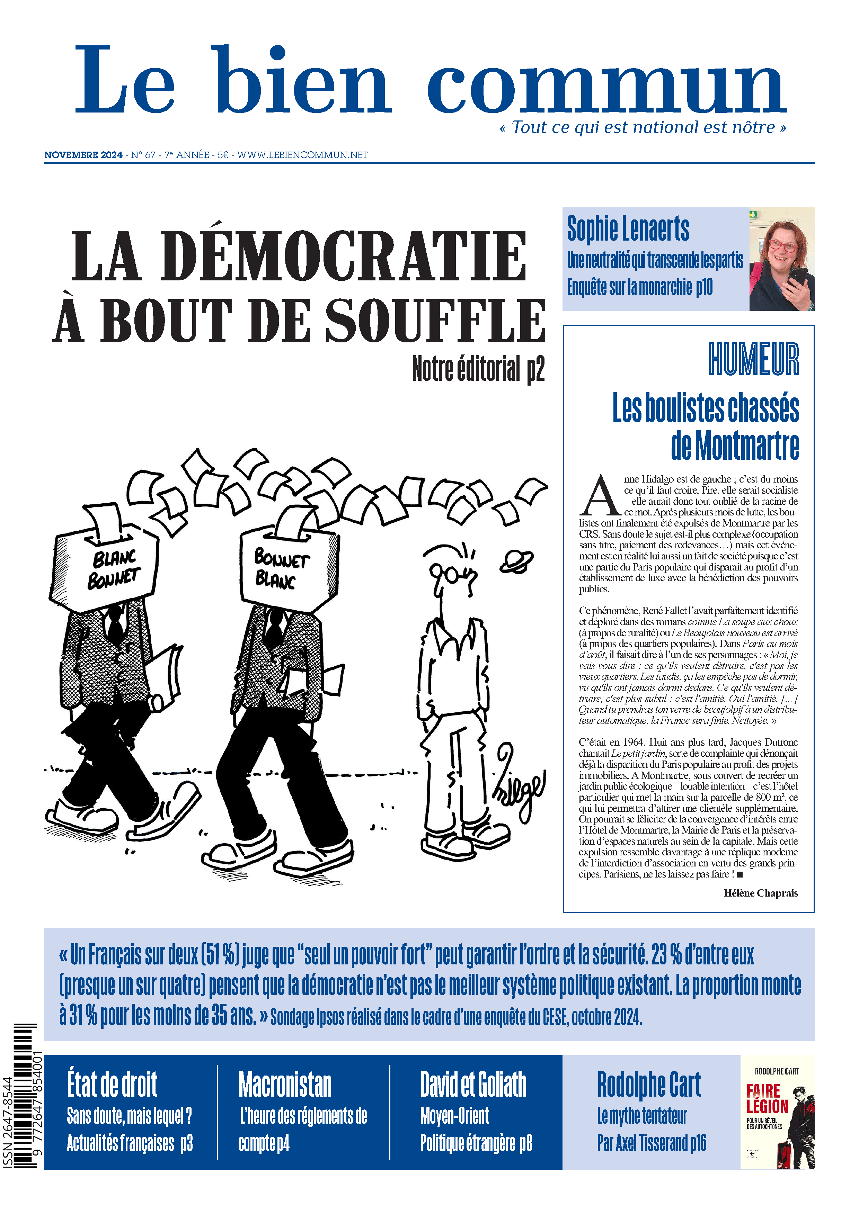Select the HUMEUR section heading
(753, 360)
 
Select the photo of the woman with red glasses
(781, 259)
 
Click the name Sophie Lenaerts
(628, 228)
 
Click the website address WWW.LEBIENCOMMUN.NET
(302, 155)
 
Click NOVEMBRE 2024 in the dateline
(83, 155)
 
